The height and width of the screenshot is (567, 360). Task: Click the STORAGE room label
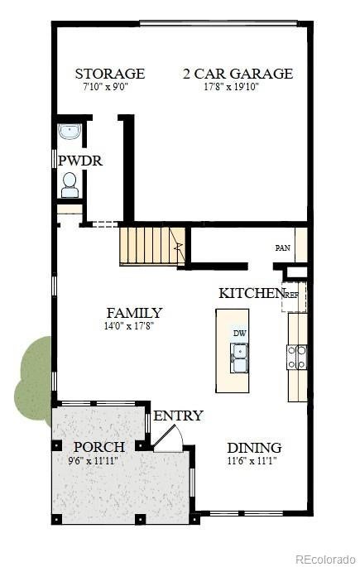tap(110, 74)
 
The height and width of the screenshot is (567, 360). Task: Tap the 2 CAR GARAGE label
tap(238, 74)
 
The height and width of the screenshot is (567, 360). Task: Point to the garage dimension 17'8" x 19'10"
tap(232, 87)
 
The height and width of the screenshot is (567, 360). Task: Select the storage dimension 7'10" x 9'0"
tap(106, 87)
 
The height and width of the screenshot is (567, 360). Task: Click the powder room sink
tap(70, 132)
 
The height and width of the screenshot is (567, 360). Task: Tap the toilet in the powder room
tap(70, 185)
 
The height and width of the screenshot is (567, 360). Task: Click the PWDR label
tap(80, 161)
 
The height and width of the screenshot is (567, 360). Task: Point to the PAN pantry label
tap(283, 248)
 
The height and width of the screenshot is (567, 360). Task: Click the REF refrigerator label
tap(292, 295)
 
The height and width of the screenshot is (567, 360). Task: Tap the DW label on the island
tap(240, 334)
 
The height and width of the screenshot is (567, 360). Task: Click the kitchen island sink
tap(239, 358)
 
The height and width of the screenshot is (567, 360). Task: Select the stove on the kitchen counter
tap(297, 357)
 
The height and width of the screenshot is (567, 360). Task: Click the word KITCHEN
tap(251, 293)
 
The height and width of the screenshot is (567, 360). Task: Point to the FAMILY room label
tap(134, 313)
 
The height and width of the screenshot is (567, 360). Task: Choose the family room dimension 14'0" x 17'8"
tap(129, 326)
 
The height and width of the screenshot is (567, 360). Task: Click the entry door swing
tap(169, 438)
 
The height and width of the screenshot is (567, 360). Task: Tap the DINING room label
tap(254, 448)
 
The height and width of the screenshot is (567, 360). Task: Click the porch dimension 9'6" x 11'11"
tap(94, 461)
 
